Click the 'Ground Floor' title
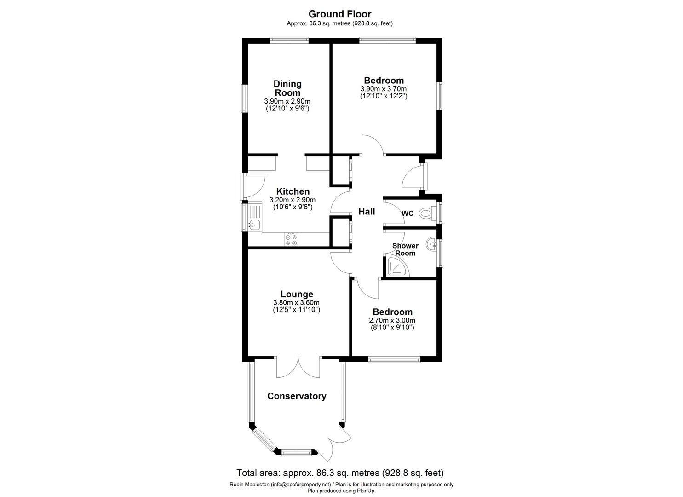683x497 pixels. click(x=339, y=14)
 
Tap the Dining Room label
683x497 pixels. click(x=287, y=88)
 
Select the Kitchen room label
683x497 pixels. click(x=293, y=191)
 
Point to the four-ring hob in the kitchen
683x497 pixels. click(x=291, y=239)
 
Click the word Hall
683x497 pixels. click(x=367, y=212)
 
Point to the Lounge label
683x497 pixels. click(x=297, y=294)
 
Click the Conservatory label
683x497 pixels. click(x=297, y=396)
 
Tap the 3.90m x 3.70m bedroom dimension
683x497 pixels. click(x=384, y=89)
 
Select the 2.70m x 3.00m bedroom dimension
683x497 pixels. click(x=392, y=320)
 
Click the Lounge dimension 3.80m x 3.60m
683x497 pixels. click(x=296, y=302)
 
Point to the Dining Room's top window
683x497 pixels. click(x=289, y=40)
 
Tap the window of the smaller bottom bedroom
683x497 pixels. click(x=394, y=359)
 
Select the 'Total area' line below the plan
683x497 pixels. click(x=340, y=473)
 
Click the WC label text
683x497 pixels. click(x=408, y=214)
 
